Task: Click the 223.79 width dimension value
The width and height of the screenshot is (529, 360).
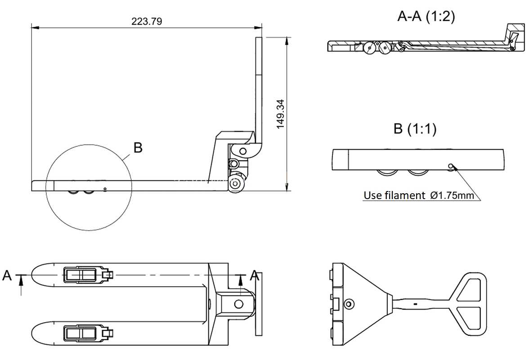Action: pyautogui.click(x=147, y=22)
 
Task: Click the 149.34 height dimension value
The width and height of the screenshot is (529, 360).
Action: pyautogui.click(x=280, y=114)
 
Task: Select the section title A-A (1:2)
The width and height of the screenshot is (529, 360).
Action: pyautogui.click(x=426, y=16)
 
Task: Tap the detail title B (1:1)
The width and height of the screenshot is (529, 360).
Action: pyautogui.click(x=415, y=129)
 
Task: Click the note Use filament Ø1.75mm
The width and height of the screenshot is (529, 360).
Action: pyautogui.click(x=419, y=195)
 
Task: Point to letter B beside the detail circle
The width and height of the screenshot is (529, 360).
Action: pyautogui.click(x=138, y=147)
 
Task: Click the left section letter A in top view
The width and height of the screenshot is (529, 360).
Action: pyautogui.click(x=7, y=276)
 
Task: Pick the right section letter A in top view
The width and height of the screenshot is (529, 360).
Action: pyautogui.click(x=255, y=276)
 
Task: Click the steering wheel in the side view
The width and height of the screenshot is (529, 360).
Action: pyautogui.click(x=235, y=184)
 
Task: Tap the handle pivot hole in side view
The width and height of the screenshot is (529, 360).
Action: pyautogui.click(x=242, y=151)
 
